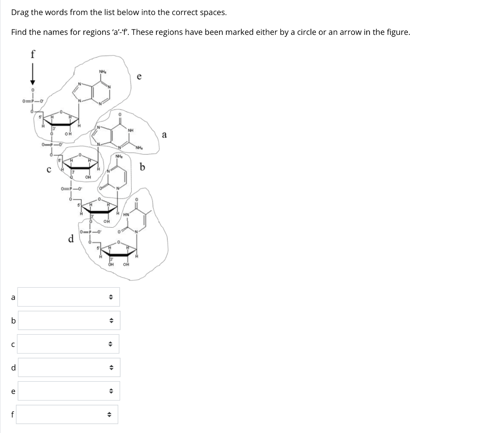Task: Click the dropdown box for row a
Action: click(68, 297)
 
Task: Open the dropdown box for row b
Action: click(68, 321)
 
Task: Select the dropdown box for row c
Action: click(68, 344)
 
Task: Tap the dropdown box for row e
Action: click(68, 391)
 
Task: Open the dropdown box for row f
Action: click(68, 414)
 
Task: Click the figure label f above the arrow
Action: click(32, 54)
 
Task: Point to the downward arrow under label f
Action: click(32, 75)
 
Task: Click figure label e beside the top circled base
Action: click(139, 76)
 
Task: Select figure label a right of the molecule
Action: click(164, 135)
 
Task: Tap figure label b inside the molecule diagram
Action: click(142, 168)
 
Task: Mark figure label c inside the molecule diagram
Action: click(48, 170)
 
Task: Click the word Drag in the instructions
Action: click(20, 13)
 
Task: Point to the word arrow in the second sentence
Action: click(350, 32)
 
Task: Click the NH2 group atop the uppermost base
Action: click(103, 73)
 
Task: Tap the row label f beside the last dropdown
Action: click(13, 414)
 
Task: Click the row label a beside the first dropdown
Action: click(13, 297)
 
